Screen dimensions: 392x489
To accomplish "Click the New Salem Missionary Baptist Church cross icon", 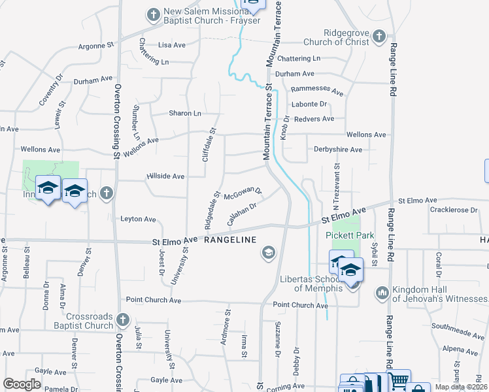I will click(153, 14).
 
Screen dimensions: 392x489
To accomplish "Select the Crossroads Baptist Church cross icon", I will click(123, 321).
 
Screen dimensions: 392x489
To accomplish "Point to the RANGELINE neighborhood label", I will click(230, 240).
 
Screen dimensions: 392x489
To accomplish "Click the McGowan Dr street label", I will click(243, 194).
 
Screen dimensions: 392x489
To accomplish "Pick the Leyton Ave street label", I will click(138, 219).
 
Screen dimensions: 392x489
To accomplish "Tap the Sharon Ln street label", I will click(185, 113).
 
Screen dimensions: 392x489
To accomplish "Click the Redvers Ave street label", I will click(314, 119).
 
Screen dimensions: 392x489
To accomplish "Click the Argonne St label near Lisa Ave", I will click(96, 46).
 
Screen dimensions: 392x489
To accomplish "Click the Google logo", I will click(22, 384).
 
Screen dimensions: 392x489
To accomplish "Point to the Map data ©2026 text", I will click(461, 387).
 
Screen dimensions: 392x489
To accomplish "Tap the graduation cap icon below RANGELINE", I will click(268, 253).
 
